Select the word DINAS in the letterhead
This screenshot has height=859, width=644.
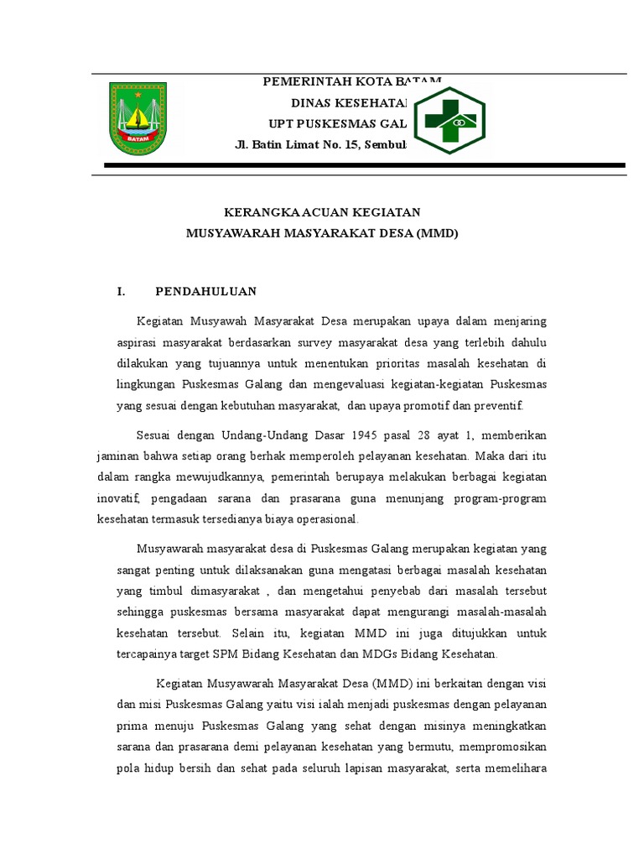tap(309, 103)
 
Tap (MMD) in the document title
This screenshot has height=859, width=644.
tap(437, 233)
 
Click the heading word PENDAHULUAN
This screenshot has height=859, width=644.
tap(205, 292)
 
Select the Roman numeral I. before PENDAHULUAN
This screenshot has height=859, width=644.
tap(121, 292)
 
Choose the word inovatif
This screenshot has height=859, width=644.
tap(117, 498)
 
